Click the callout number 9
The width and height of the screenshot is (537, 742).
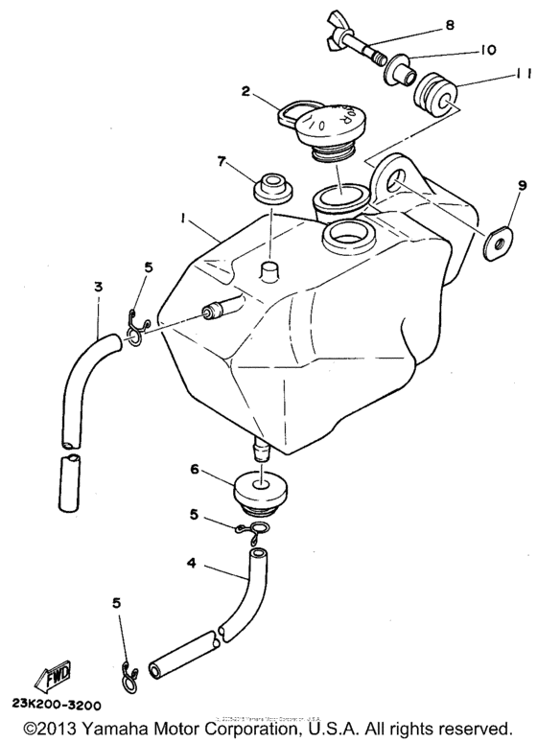[x=496, y=185]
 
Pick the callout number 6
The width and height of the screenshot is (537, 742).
[x=195, y=470]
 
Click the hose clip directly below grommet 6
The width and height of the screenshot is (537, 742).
[x=254, y=525]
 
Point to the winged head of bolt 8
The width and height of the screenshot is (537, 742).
[x=332, y=41]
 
